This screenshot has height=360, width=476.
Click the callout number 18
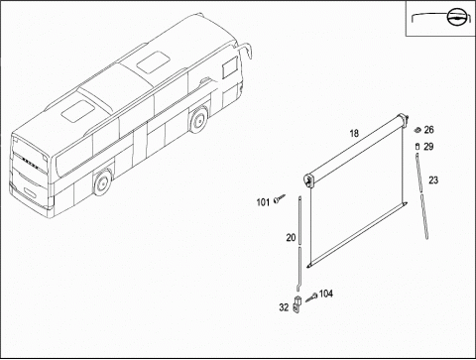354,134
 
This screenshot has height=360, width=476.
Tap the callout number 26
428,130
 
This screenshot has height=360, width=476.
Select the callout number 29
428,147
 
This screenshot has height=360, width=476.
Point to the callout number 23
433,180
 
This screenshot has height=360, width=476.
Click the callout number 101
263,202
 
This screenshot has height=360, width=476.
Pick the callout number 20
291,238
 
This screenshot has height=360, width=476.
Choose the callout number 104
326,294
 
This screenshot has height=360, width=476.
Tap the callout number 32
284,307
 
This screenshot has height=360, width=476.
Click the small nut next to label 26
417,130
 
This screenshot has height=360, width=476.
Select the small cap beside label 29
417,147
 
